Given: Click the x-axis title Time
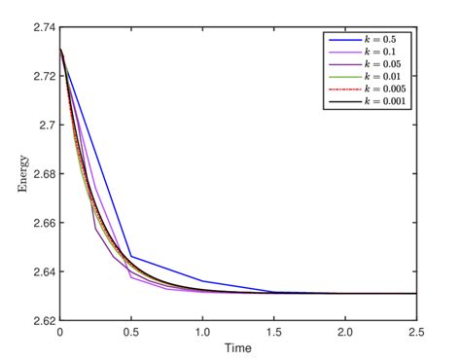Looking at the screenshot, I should tap(237, 347).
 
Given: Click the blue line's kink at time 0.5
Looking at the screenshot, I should tap(131, 257).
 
